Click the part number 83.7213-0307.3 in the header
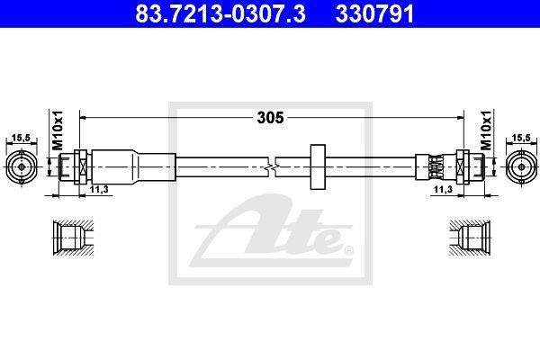click(220, 14)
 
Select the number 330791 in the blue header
click(374, 14)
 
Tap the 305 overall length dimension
click(270, 118)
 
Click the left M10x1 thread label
click(58, 130)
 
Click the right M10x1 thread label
click(486, 130)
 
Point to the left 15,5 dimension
click(22, 138)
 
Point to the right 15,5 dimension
click(521, 138)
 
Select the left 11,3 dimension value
click(99, 189)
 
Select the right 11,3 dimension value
click(443, 189)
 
